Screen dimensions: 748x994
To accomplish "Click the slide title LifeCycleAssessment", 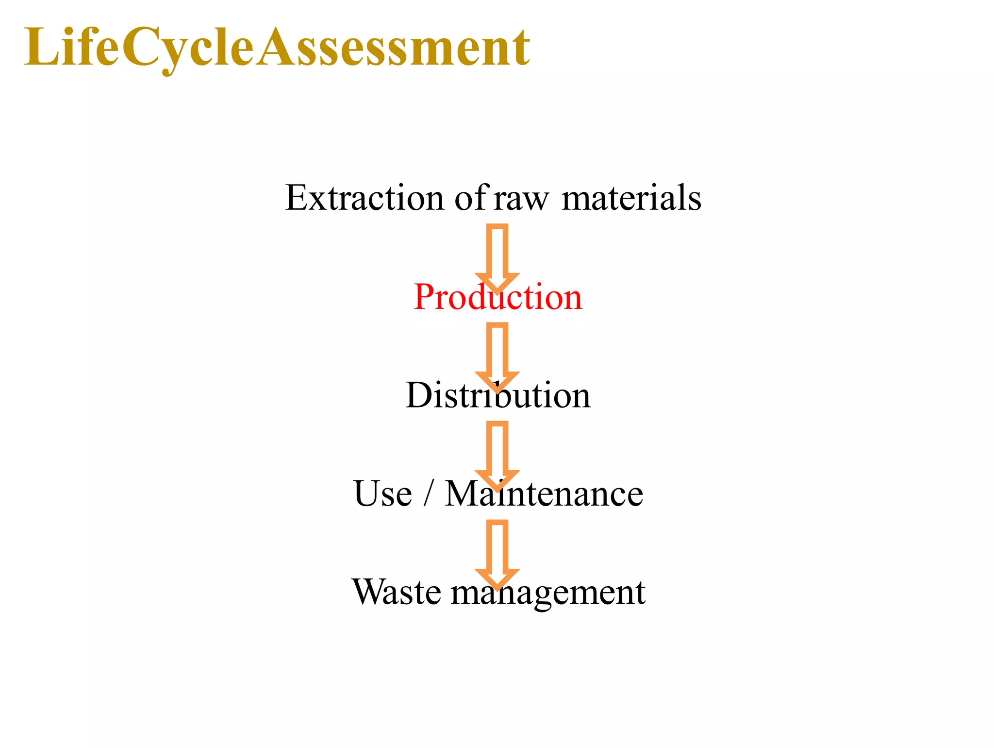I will [277, 48].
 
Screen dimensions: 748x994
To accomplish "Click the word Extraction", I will [364, 198].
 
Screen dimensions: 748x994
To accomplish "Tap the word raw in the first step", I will [521, 199].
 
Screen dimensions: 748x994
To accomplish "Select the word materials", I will [631, 198].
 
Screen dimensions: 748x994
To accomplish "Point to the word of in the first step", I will [470, 198].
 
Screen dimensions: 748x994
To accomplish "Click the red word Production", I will [497, 297].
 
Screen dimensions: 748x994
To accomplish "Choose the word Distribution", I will [497, 395].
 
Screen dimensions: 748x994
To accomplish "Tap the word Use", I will [383, 493].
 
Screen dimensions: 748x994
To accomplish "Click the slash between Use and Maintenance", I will [427, 493].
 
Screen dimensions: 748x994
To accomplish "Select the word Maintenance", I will [544, 493].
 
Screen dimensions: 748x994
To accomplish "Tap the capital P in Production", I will [424, 297].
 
